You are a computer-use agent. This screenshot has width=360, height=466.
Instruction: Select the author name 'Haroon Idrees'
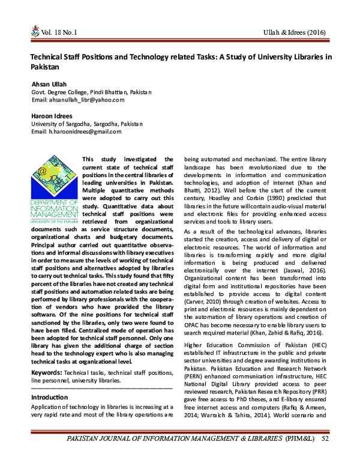pyautogui.click(x=52, y=115)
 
